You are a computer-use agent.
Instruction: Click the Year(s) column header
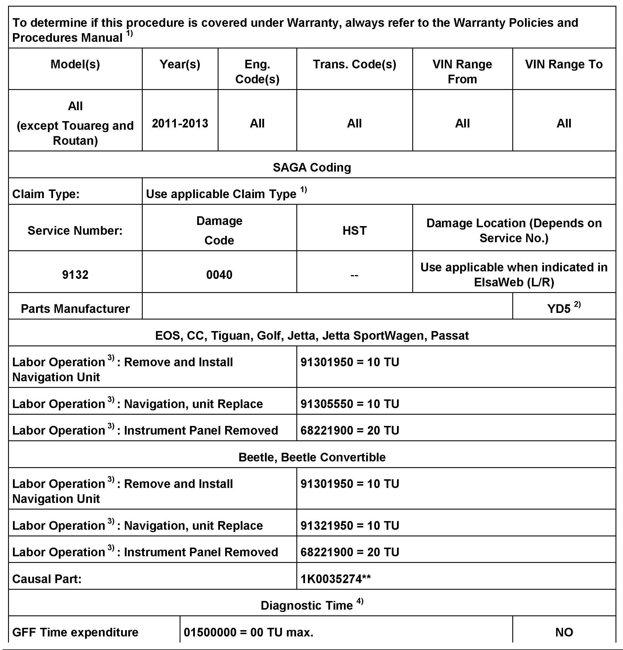pos(180,64)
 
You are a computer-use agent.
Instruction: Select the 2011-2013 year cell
pos(180,123)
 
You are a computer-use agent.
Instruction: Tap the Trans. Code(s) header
pos(354,64)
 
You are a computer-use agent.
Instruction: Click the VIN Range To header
pos(564,64)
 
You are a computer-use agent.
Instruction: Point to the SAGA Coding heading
pos(312,168)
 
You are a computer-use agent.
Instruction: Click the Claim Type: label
pos(46,194)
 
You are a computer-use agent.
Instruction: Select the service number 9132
pos(75,275)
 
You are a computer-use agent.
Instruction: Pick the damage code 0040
pos(219,275)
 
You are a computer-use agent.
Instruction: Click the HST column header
pos(354,230)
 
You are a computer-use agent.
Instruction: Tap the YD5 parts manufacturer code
pos(559,309)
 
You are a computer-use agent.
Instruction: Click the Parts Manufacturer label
pos(75,309)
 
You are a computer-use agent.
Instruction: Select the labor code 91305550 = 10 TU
pos(349,404)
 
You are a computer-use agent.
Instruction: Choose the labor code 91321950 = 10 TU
pos(349,526)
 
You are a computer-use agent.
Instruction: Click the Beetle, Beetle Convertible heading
pos(312,457)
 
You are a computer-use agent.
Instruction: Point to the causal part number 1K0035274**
pos(335,579)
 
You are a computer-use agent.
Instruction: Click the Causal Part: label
pos(47,579)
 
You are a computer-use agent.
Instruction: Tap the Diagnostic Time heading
pos(307,606)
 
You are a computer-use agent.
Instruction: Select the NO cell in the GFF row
pos(564,632)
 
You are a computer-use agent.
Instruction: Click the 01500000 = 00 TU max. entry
pos(248,632)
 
